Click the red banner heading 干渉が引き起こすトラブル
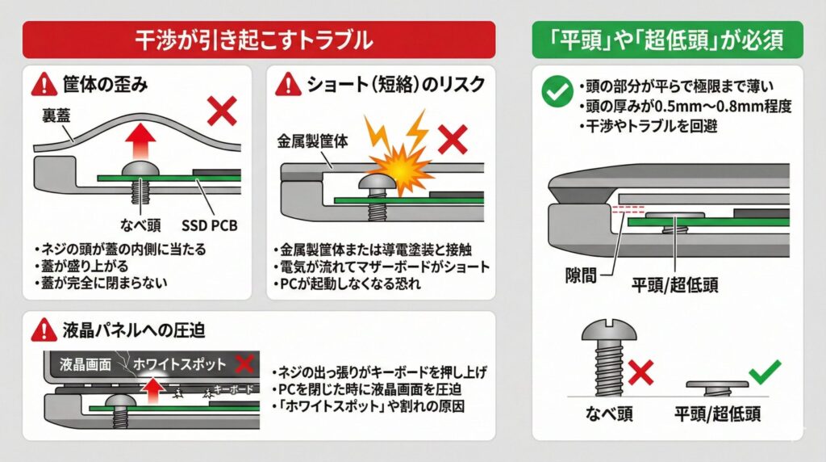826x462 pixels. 258,39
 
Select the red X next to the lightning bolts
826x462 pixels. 454,139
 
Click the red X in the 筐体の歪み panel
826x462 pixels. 222,113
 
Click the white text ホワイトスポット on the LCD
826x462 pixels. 180,364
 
